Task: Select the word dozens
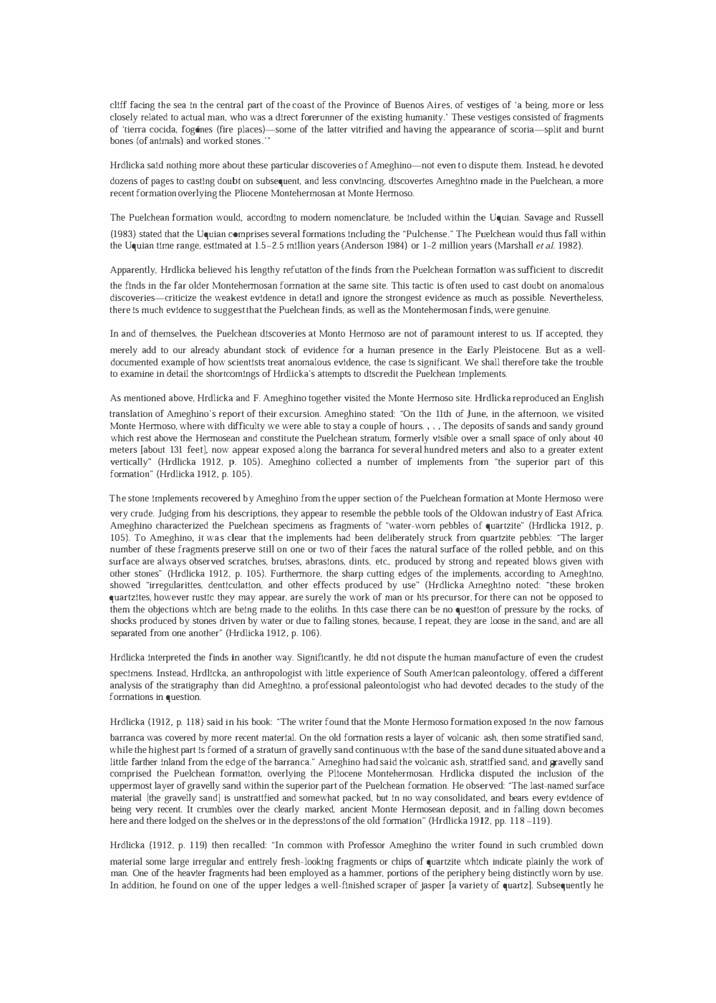pos(124,181)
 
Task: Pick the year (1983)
pos(124,234)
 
